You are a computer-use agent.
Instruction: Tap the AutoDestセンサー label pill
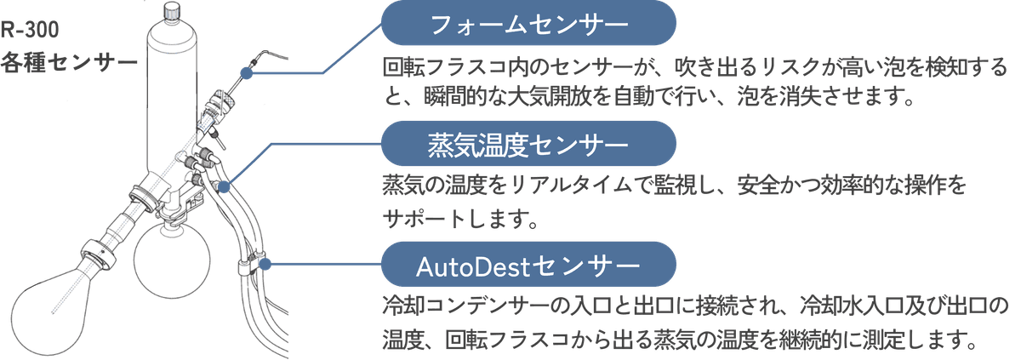[x=528, y=266]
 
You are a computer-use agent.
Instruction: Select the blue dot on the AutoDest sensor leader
[x=265, y=265]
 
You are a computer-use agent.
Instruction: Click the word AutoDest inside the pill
[x=472, y=266]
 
